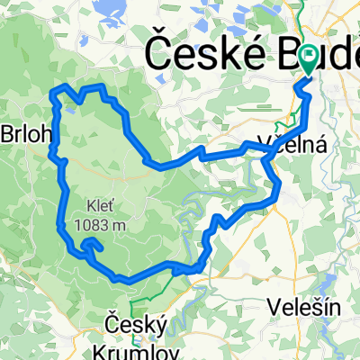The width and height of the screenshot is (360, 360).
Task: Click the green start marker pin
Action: click(309, 59)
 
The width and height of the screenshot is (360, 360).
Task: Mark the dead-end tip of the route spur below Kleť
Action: click(102, 247)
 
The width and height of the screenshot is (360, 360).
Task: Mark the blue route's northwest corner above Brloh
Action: click(59, 88)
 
